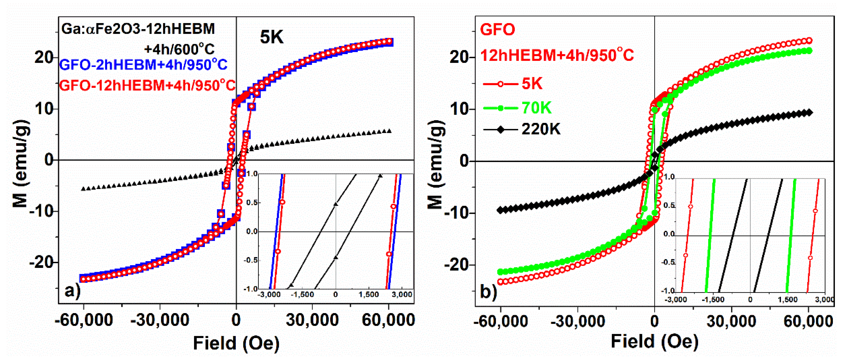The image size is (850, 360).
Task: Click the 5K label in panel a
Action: [271, 37]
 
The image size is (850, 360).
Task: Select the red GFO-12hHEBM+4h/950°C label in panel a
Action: [147, 85]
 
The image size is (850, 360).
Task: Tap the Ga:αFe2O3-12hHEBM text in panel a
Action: [138, 29]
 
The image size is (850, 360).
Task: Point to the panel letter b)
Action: [488, 291]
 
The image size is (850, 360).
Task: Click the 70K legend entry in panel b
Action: [536, 108]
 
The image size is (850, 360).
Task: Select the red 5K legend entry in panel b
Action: [532, 84]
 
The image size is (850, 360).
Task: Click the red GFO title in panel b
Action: [497, 29]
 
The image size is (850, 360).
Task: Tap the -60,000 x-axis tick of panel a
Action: [84, 320]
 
